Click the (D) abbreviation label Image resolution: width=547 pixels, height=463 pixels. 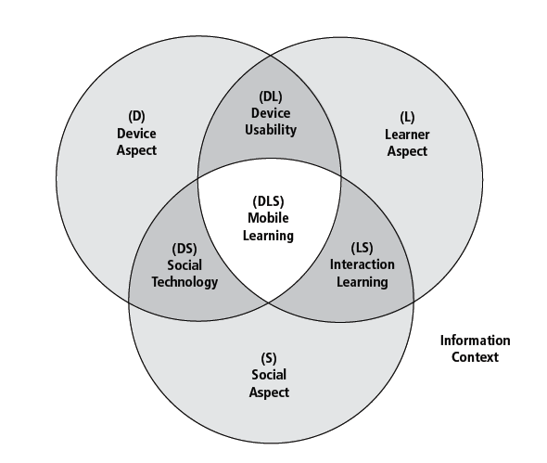pyautogui.click(x=136, y=116)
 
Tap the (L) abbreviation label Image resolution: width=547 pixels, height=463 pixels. pyautogui.click(x=407, y=117)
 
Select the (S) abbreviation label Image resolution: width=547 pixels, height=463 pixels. pyautogui.click(x=269, y=358)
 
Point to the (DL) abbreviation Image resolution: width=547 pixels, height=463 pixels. pyautogui.click(x=271, y=96)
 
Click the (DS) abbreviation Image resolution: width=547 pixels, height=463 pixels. pyautogui.click(x=184, y=249)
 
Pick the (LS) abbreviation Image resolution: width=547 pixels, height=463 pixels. pyautogui.click(x=362, y=248)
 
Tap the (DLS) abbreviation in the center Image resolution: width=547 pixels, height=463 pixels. pyautogui.click(x=268, y=201)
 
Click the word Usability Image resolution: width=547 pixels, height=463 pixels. pyautogui.click(x=271, y=130)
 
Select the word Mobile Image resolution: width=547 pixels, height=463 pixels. pyautogui.click(x=268, y=218)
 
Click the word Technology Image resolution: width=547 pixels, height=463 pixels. pyautogui.click(x=184, y=282)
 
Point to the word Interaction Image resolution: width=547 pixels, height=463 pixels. pyautogui.click(x=363, y=264)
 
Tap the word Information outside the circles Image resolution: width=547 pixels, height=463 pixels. pyautogui.click(x=475, y=341)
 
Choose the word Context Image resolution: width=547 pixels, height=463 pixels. pyautogui.click(x=475, y=357)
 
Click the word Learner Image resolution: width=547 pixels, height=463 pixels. pyautogui.click(x=407, y=135)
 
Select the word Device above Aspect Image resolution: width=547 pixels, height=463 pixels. pyautogui.click(x=136, y=134)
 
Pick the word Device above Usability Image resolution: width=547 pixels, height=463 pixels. pyautogui.click(x=271, y=113)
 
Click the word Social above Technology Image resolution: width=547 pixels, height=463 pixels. pyautogui.click(x=184, y=265)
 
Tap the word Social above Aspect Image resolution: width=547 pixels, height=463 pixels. pyautogui.click(x=269, y=375)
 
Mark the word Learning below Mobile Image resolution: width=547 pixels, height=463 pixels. pyautogui.click(x=268, y=236)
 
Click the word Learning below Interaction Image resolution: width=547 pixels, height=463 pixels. pyautogui.click(x=363, y=282)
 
